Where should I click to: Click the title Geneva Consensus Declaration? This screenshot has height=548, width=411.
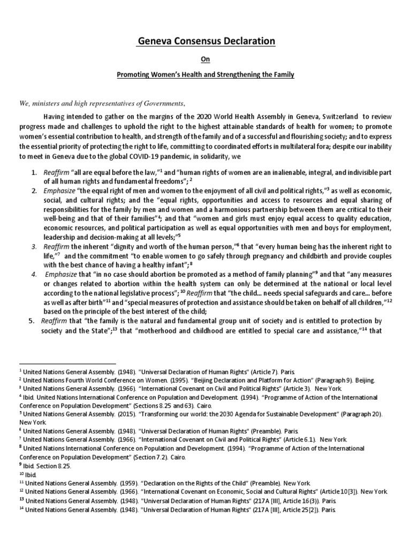[205, 42]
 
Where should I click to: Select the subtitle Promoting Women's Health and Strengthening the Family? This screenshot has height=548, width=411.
[205, 75]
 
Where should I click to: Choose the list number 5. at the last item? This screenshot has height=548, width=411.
[31, 321]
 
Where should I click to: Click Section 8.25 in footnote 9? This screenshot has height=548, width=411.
[50, 466]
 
